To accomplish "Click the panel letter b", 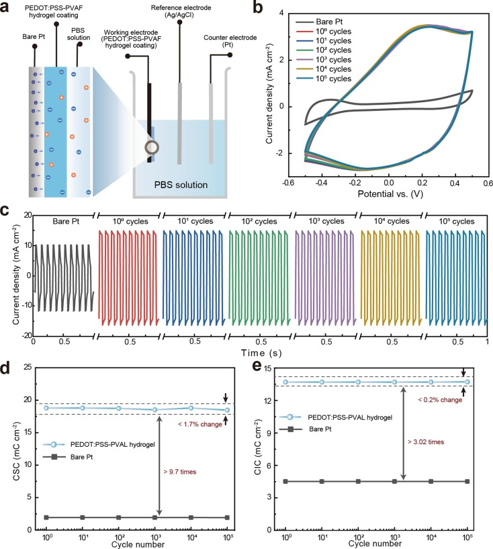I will (x=257, y=9).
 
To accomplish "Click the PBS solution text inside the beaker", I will (x=180, y=184).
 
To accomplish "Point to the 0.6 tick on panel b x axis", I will (x=486, y=183).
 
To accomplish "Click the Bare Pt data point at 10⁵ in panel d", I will (x=226, y=517).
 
